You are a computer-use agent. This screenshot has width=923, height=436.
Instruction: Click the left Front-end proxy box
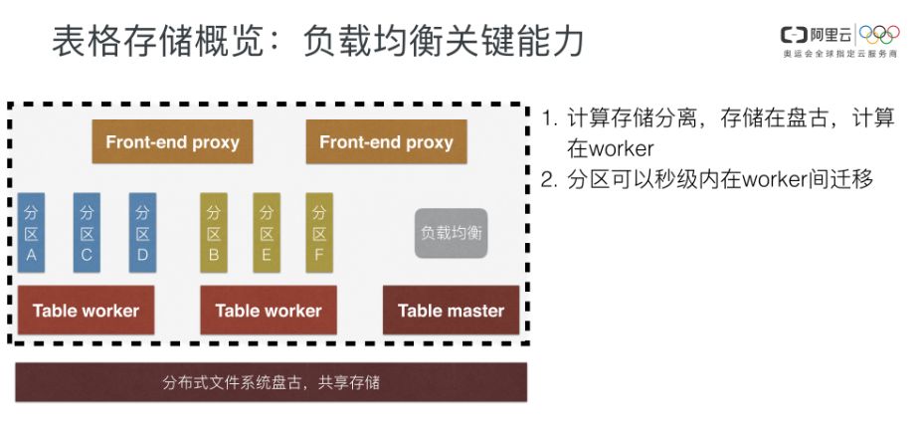[x=172, y=142]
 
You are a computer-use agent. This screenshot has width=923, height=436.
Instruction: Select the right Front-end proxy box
[x=386, y=142]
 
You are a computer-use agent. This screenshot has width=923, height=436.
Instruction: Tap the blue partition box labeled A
[x=32, y=233]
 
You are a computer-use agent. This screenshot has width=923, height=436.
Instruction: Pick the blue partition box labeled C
[x=88, y=233]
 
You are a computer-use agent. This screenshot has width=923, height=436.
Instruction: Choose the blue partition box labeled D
[x=143, y=233]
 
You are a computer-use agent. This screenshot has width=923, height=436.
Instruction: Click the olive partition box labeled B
[x=213, y=233]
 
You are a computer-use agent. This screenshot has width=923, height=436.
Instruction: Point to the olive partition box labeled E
[x=267, y=233]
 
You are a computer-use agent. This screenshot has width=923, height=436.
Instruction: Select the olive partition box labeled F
[x=319, y=233]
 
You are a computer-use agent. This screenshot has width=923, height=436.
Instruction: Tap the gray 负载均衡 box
[x=451, y=233]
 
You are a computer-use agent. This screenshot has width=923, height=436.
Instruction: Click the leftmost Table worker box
[x=86, y=311]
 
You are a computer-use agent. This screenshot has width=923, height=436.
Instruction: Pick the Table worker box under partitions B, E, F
[x=269, y=311]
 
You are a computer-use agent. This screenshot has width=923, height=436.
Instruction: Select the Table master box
[x=451, y=311]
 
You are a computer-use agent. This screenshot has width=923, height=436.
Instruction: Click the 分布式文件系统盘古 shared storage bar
[x=271, y=382]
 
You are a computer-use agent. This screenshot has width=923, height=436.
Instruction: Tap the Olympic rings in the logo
[x=879, y=35]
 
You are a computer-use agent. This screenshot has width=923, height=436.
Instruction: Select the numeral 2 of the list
[x=549, y=180]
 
